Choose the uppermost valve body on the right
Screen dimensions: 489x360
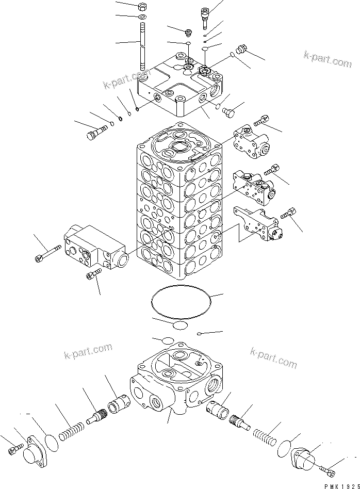click(250, 140)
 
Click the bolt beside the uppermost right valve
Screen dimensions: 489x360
click(260, 121)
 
